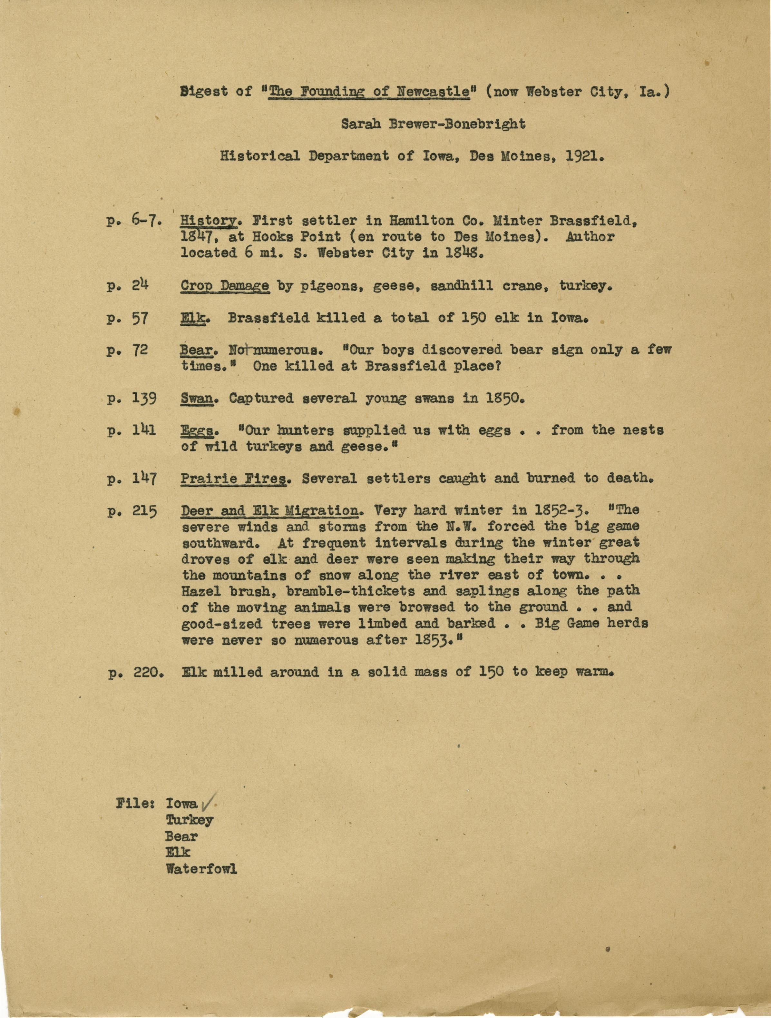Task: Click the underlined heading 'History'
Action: (209, 221)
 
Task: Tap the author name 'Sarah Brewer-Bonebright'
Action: (433, 124)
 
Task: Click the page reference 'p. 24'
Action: (127, 286)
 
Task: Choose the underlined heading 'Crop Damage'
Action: (224, 286)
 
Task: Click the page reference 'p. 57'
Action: (127, 318)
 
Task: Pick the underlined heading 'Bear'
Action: (196, 350)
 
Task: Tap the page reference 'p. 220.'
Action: (136, 672)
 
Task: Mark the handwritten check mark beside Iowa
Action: (206, 804)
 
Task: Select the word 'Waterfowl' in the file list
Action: (201, 869)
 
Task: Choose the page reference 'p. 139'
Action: (132, 398)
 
